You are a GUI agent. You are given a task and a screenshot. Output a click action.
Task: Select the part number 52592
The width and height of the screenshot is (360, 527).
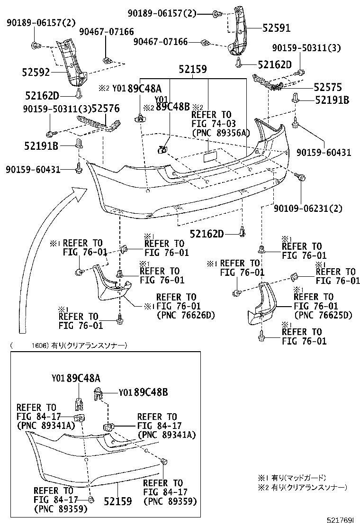pos(36,73)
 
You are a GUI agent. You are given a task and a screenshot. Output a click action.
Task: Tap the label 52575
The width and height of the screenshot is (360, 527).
pos(327,88)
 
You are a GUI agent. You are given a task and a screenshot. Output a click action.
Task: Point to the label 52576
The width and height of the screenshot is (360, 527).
pos(105,109)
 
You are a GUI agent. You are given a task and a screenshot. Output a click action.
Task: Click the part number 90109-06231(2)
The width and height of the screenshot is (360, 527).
pos(308,208)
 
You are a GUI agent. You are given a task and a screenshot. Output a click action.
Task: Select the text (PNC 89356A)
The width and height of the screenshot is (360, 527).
pos(220,134)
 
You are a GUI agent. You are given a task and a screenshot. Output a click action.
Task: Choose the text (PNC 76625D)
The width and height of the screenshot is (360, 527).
pos(323,315)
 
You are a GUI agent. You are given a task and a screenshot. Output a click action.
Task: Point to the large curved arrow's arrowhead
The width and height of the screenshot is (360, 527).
pos(80,191)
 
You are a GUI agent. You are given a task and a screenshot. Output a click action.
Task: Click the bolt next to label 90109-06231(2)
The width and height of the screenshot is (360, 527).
pos(300,178)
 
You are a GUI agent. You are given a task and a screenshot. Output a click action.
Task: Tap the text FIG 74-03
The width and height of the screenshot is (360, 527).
pos(211,124)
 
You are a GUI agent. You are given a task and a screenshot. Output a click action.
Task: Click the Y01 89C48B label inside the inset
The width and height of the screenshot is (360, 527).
pos(143,392)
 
